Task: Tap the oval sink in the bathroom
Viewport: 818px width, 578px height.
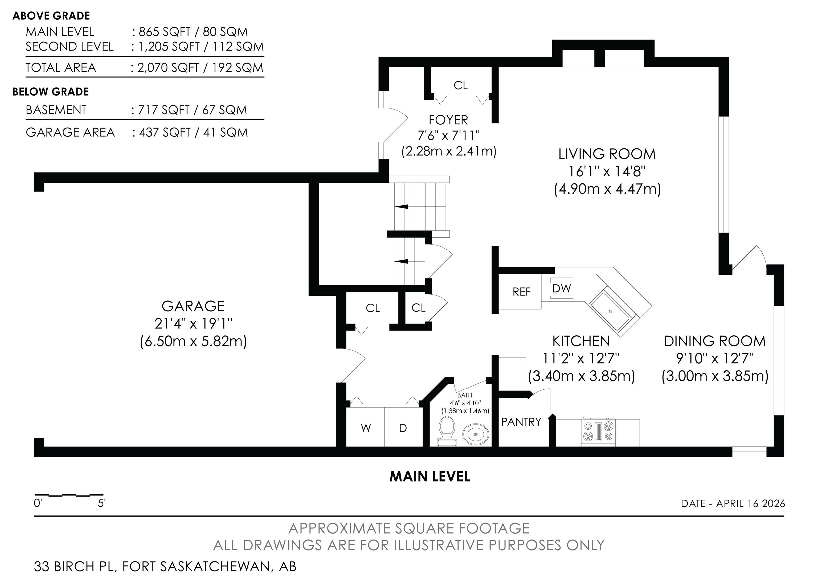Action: (476, 434)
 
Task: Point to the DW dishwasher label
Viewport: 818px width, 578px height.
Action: (562, 288)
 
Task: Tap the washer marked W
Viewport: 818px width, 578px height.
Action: (366, 427)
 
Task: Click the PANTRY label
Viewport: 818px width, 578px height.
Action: (521, 422)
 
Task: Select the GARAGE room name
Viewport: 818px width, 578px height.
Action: (193, 306)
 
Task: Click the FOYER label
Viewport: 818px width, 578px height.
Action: (448, 120)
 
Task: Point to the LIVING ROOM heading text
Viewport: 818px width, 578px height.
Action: (607, 154)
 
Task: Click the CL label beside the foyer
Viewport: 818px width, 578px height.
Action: (460, 86)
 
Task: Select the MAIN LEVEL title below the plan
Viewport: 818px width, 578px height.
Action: (430, 477)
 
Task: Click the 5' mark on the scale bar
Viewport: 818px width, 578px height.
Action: (101, 503)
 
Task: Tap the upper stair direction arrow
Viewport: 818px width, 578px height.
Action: (402, 207)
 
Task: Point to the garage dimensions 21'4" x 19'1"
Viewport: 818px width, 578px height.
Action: (193, 324)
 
